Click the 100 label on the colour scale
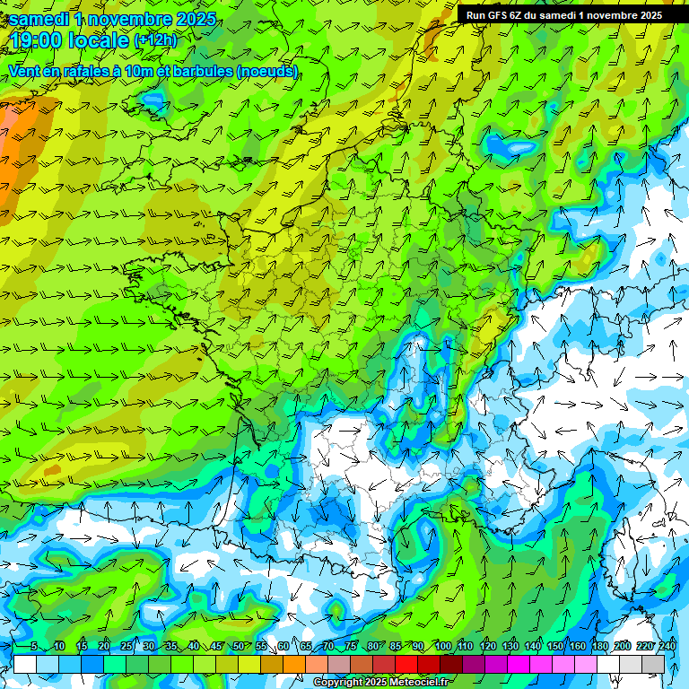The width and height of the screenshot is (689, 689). tap(442, 647)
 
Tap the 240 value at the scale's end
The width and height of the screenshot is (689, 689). tap(667, 647)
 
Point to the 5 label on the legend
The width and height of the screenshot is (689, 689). tap(34, 647)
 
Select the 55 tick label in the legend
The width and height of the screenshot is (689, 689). tap(261, 647)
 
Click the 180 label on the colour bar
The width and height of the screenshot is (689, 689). tap(600, 647)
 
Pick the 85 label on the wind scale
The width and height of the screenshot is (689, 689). tap(396, 647)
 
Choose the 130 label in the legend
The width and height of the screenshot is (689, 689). tap(510, 647)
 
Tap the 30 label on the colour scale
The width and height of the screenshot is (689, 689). tap(148, 647)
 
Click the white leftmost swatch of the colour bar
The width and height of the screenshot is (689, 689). tap(25, 664)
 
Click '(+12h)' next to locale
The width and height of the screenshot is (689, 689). tap(155, 40)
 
